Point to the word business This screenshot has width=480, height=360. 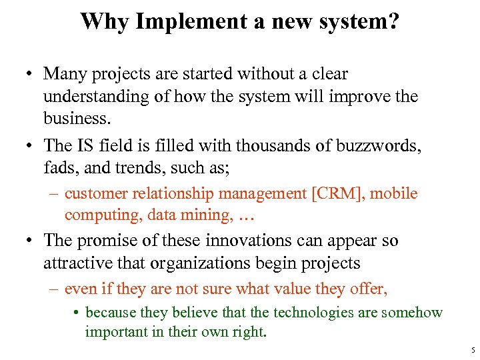coord(75,119)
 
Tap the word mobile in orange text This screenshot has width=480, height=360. coord(394,194)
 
